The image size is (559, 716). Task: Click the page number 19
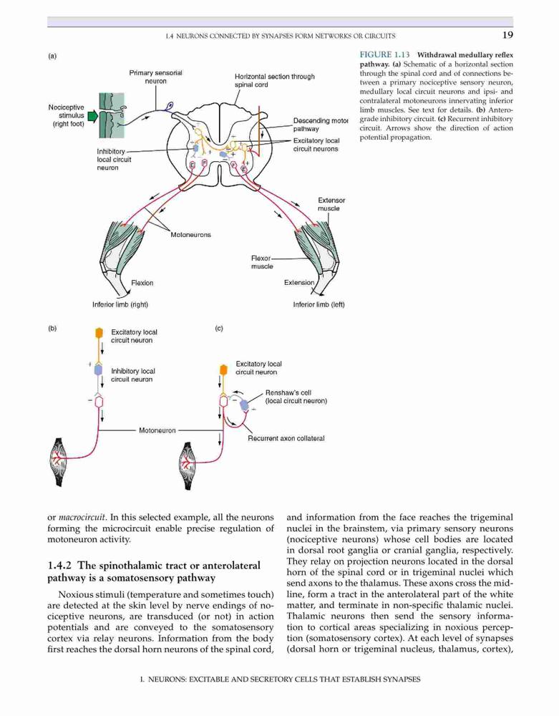pyautogui.click(x=507, y=35)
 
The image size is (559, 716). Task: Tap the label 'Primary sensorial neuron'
pyautogui.click(x=155, y=77)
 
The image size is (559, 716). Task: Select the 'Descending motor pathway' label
pyautogui.click(x=321, y=125)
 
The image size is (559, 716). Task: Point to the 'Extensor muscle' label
pyautogui.click(x=331, y=204)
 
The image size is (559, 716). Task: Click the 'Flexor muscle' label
pyautogui.click(x=261, y=262)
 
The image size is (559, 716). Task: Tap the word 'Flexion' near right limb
pyautogui.click(x=142, y=283)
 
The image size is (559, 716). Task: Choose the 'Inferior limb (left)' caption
pyautogui.click(x=319, y=304)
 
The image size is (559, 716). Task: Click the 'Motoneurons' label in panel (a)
pyautogui.click(x=190, y=235)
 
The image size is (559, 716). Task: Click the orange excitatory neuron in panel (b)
pyautogui.click(x=99, y=333)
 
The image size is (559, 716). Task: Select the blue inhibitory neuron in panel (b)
pyautogui.click(x=98, y=369)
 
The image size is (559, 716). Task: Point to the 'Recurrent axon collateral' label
pyautogui.click(x=286, y=438)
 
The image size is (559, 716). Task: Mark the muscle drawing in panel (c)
pyautogui.click(x=188, y=466)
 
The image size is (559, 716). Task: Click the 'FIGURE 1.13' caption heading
pyautogui.click(x=384, y=55)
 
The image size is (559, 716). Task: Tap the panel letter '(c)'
pyautogui.click(x=219, y=329)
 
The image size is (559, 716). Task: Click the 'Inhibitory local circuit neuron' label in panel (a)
pyautogui.click(x=114, y=160)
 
